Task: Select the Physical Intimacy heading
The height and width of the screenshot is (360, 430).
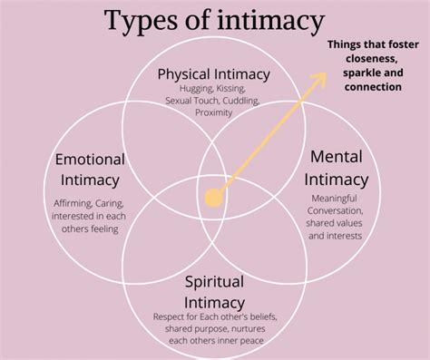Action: tap(214, 73)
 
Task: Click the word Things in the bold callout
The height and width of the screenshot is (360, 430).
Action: tap(346, 45)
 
